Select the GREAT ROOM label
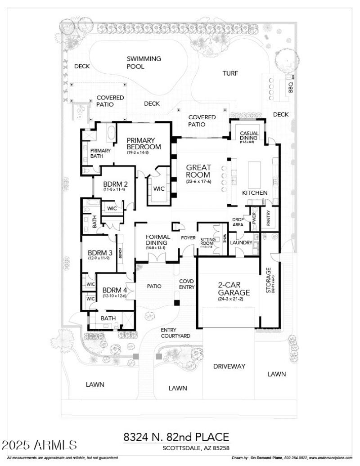pyautogui.click(x=198, y=171)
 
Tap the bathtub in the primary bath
pyautogui.click(x=110, y=134)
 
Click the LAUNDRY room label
pyautogui.click(x=241, y=243)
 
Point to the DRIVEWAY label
pyautogui.click(x=229, y=366)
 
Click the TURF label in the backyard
pyautogui.click(x=230, y=73)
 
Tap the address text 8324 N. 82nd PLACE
pyautogui.click(x=176, y=437)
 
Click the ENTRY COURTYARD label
pyautogui.click(x=175, y=333)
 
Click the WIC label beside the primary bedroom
pyautogui.click(x=158, y=189)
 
